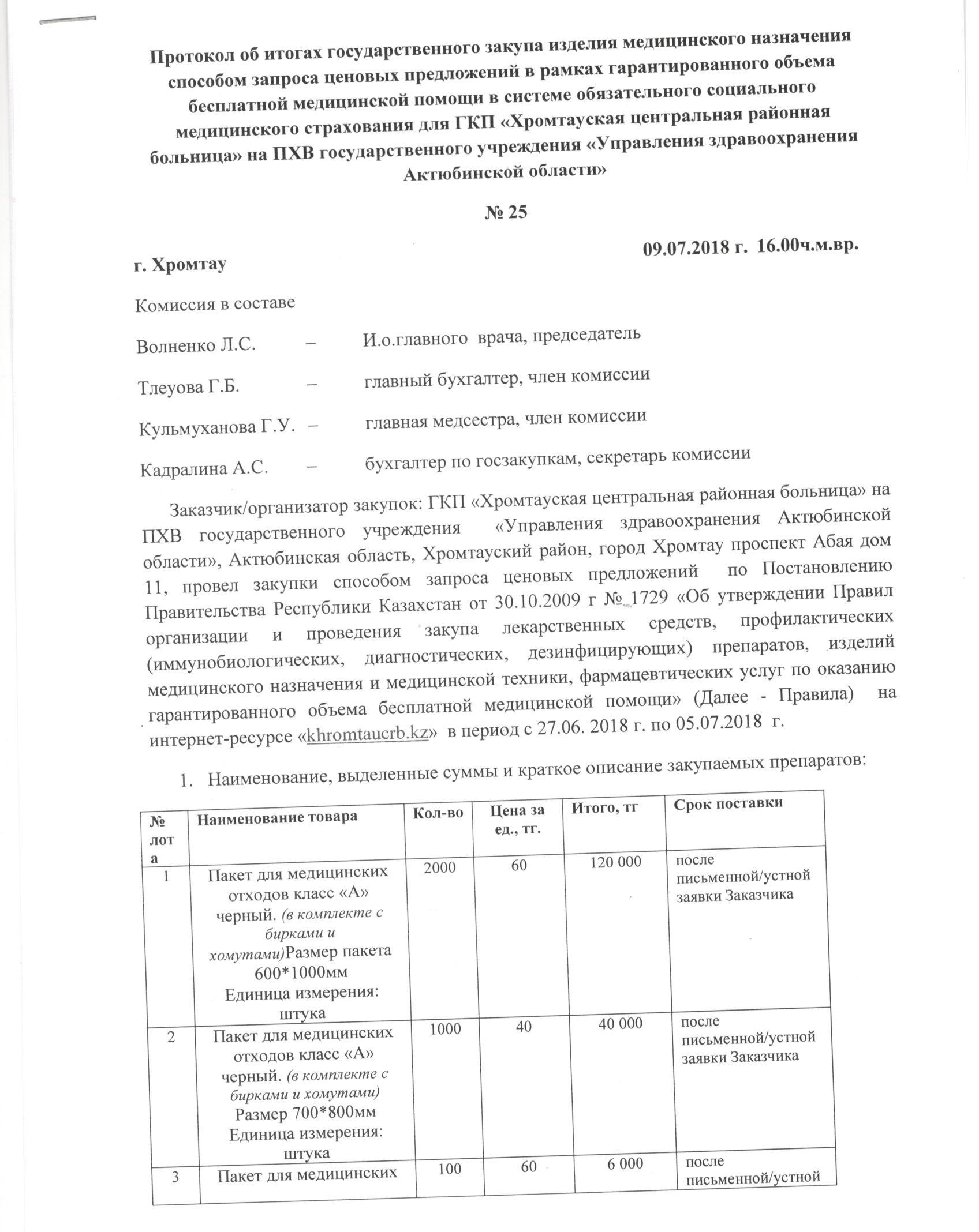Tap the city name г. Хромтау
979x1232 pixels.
click(180, 264)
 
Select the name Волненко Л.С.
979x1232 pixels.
click(196, 345)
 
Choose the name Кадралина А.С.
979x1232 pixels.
click(204, 468)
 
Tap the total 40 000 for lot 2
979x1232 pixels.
click(618, 1023)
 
